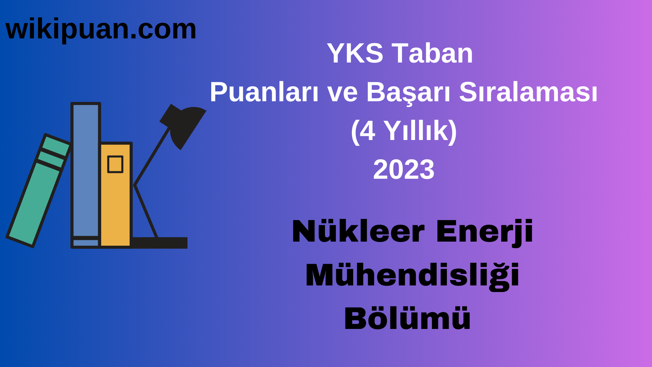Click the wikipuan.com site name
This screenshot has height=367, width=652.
pos(101,30)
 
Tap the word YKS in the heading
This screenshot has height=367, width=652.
pos(355,53)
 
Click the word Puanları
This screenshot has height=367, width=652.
pos(264,92)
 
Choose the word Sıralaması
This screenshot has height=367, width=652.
pos(528,92)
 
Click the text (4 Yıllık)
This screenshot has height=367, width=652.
pos(404,131)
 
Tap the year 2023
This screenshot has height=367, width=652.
pos(404,170)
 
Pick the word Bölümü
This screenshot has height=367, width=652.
pos(407,319)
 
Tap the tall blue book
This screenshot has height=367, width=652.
pos(86,170)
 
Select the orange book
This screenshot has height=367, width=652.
pos(115,204)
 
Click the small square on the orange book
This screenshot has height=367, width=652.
pos(115,164)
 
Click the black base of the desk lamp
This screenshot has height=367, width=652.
pos(160,243)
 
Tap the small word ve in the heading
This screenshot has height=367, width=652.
pos(342,92)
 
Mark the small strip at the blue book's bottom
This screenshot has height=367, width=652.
pos(86,243)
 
